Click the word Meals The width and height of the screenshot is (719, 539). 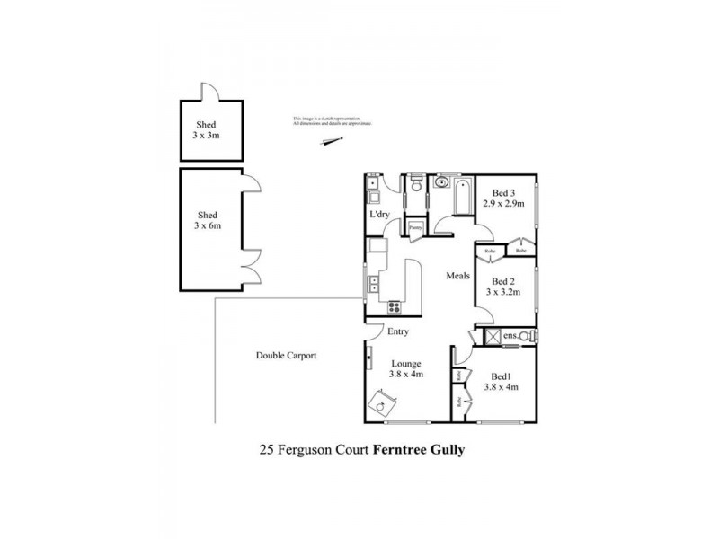click(x=458, y=277)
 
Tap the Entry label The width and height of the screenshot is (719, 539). click(x=398, y=332)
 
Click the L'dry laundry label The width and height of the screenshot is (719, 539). click(x=379, y=216)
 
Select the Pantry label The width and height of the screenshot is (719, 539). click(x=415, y=228)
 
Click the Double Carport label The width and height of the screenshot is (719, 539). click(x=286, y=356)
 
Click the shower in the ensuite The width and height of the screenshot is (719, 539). click(x=492, y=336)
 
